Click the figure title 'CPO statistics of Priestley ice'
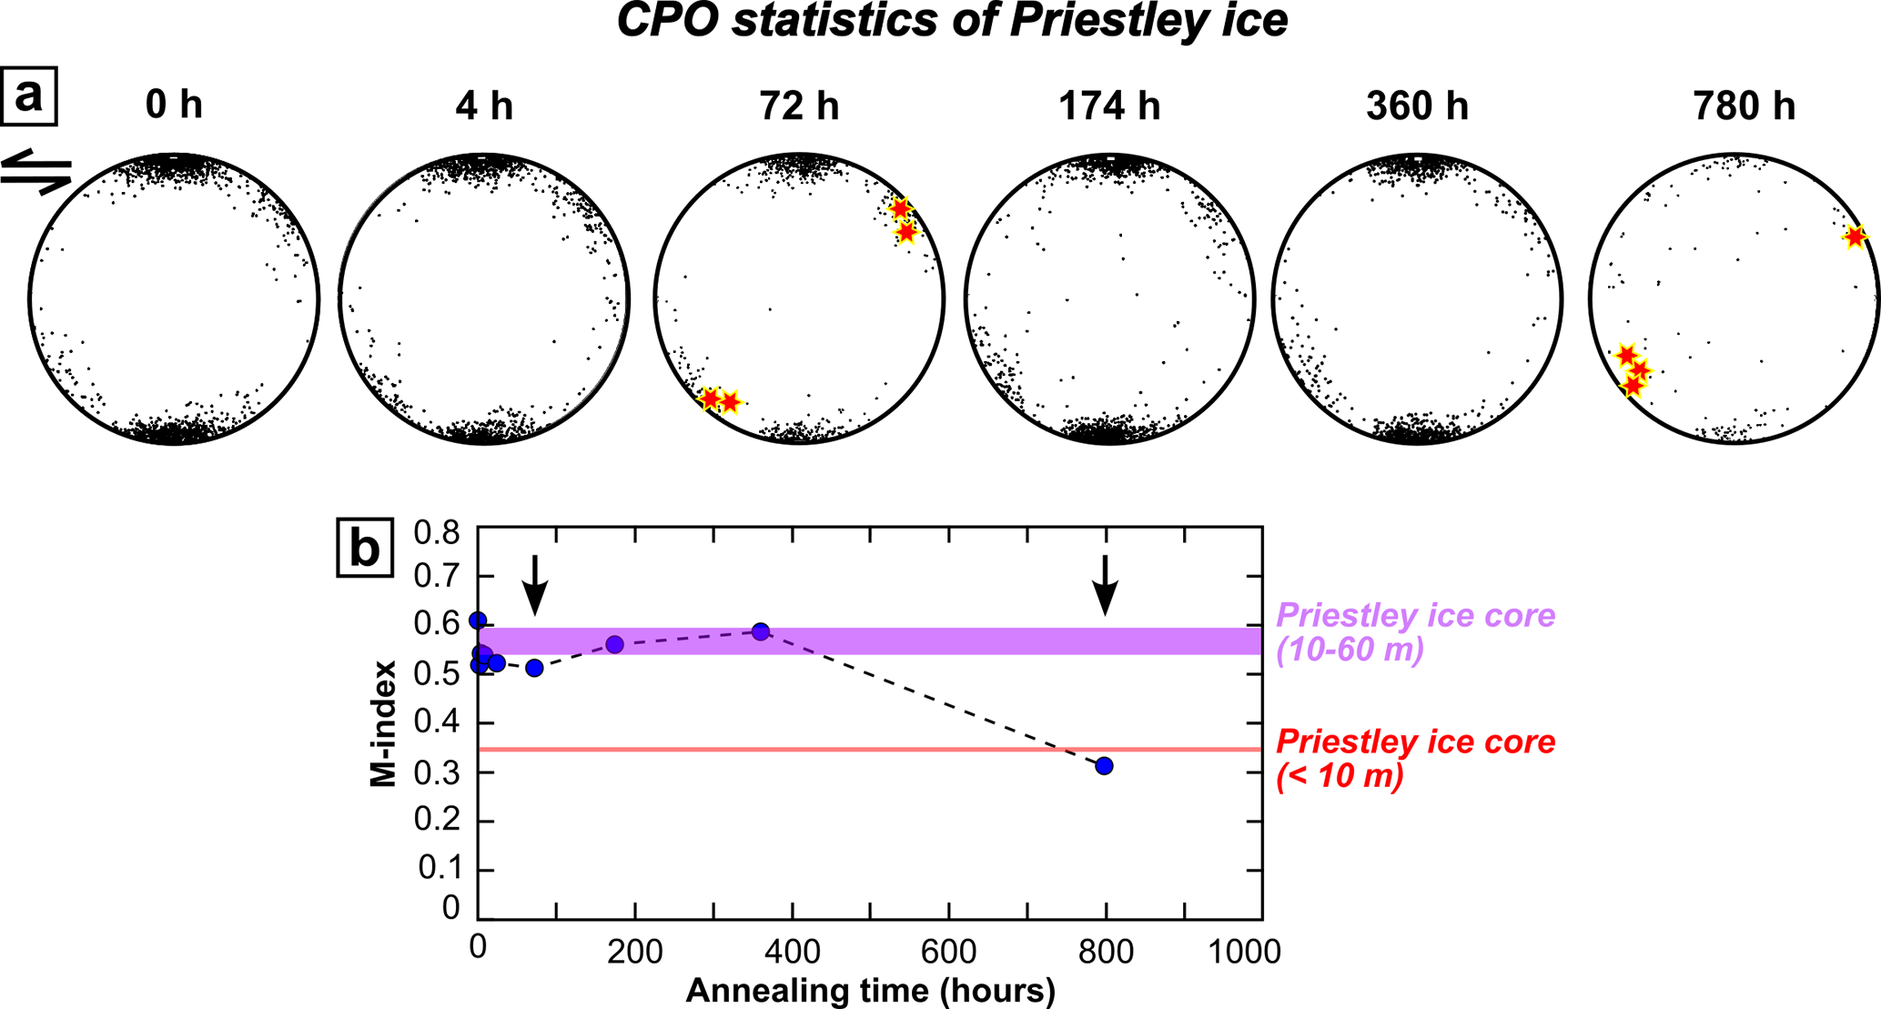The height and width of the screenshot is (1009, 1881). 952,22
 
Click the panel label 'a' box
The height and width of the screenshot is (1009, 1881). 29,96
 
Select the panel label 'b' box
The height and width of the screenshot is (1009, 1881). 365,548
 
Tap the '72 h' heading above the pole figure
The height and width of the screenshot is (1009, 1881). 799,106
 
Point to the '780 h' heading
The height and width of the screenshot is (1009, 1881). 1744,106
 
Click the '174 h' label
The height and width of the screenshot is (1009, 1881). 1108,106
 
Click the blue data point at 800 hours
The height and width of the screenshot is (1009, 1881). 1104,766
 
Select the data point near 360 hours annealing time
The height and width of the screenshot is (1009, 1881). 761,631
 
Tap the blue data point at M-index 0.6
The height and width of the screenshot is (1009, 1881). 478,621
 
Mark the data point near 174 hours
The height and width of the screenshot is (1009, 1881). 614,645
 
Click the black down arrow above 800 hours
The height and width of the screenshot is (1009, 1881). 1105,585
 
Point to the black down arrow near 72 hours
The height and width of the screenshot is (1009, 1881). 535,585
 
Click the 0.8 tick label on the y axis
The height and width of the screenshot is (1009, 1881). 438,531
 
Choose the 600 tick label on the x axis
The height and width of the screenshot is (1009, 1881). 949,952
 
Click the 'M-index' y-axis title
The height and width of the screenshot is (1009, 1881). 384,723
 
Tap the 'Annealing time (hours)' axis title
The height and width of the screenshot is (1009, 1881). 870,990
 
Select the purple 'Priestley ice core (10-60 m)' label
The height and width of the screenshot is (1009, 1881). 1415,633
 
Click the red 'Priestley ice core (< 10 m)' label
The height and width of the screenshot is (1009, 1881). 1415,759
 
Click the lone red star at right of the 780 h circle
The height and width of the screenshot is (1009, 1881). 1855,237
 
